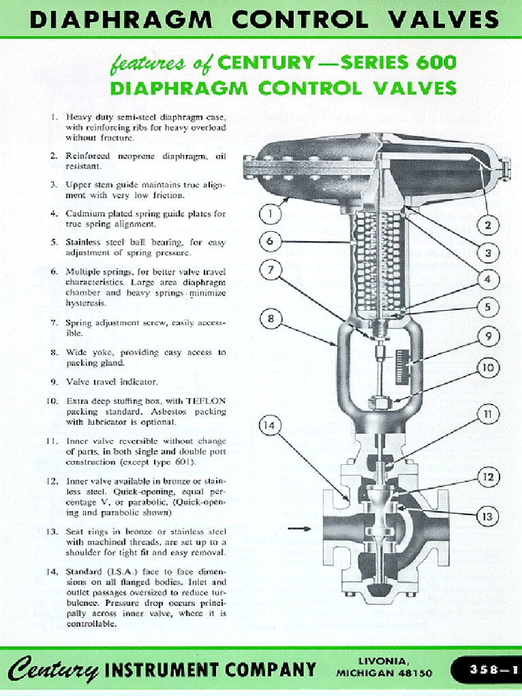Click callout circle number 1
(271, 213)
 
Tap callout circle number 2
(487, 225)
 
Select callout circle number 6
(271, 241)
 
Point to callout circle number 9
(488, 336)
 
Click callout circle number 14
(271, 426)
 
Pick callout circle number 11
(487, 413)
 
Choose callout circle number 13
(487, 517)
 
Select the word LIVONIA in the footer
(385, 661)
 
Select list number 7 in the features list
(53, 323)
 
